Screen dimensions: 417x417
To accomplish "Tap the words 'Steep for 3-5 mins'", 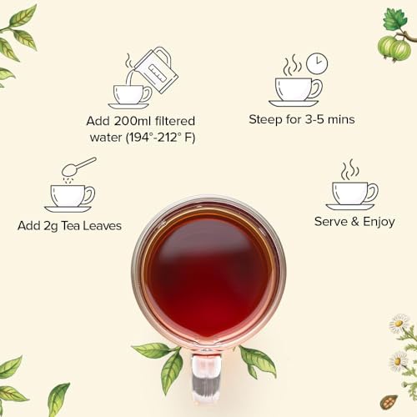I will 302,119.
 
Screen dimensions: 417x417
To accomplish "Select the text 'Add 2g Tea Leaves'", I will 69,225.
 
